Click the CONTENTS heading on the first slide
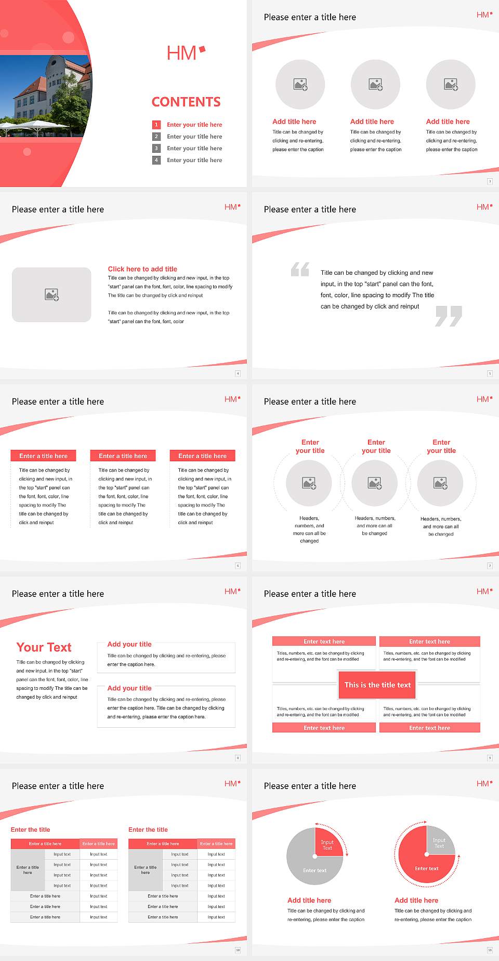click(186, 102)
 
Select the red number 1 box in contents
click(156, 125)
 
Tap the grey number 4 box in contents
click(156, 160)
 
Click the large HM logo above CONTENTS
click(186, 52)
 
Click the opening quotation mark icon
click(300, 269)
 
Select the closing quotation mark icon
click(449, 316)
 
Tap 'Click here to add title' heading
click(142, 269)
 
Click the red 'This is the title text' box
click(377, 685)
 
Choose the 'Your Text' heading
click(44, 647)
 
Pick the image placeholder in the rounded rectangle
click(52, 295)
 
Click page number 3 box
click(490, 181)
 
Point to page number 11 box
click(490, 950)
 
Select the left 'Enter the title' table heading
click(31, 830)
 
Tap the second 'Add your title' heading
click(129, 688)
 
